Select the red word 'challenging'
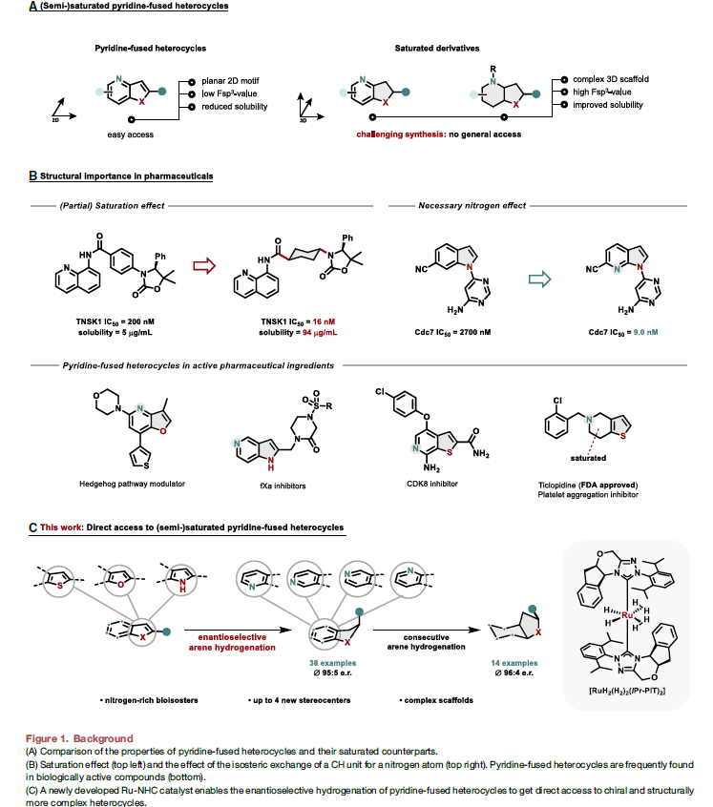pos(384,135)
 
